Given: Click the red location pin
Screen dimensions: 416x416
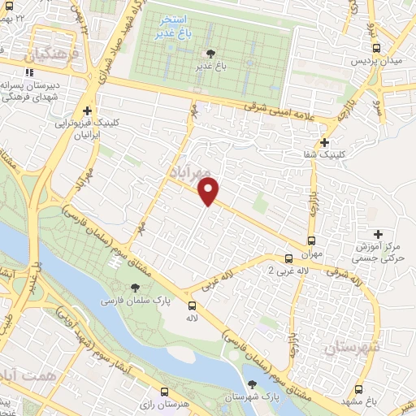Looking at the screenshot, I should [209, 192].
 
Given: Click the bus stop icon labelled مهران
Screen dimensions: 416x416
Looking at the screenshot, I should [312, 240].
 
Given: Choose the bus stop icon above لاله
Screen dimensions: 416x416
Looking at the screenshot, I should [192, 306].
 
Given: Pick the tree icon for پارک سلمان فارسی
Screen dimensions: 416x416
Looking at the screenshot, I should [135, 288].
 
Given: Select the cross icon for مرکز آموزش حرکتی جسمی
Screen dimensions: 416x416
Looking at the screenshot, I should [375, 233].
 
